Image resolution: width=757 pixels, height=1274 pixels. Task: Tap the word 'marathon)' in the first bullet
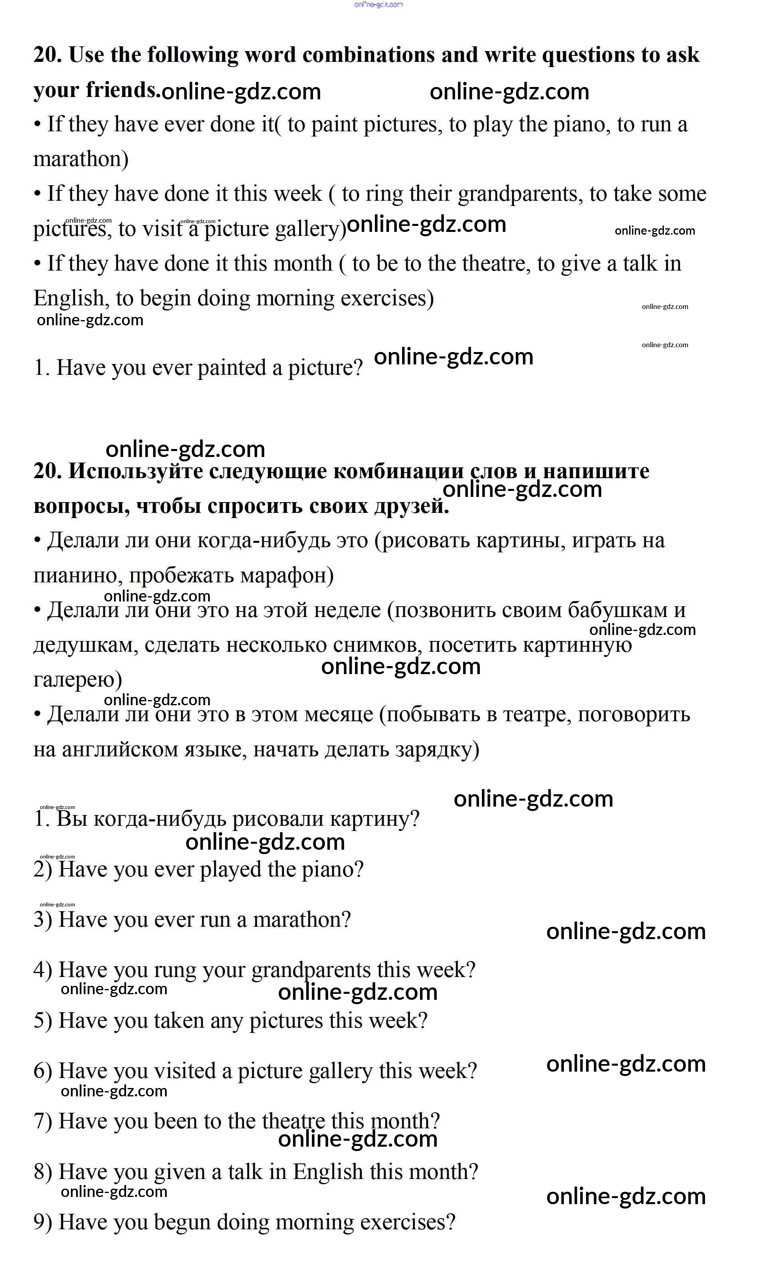(81, 160)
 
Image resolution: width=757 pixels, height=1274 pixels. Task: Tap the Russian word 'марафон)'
(287, 576)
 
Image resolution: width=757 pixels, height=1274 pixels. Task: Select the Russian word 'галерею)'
(77, 680)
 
